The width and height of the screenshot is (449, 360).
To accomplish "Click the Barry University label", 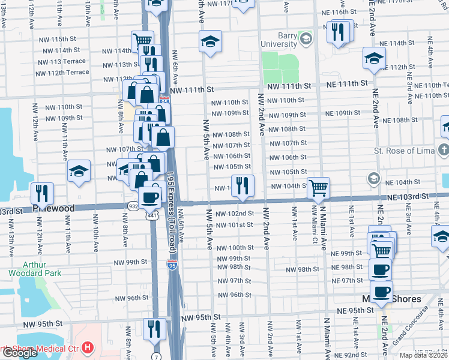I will [279, 40].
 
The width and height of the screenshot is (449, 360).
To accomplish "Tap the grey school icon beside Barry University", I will [306, 40].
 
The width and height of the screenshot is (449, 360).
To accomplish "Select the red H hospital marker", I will [89, 347].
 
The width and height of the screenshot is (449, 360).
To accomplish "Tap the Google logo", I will [19, 353].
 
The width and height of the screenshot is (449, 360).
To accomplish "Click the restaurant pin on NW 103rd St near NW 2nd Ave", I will [243, 185].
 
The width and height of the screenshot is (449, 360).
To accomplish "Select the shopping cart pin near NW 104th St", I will [318, 187].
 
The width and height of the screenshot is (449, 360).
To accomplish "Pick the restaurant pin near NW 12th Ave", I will [42, 193].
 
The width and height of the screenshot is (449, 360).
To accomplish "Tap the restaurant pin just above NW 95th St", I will [154, 328].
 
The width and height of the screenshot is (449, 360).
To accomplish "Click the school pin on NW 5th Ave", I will [210, 41].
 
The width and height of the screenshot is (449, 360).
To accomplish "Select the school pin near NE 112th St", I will [374, 58].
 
